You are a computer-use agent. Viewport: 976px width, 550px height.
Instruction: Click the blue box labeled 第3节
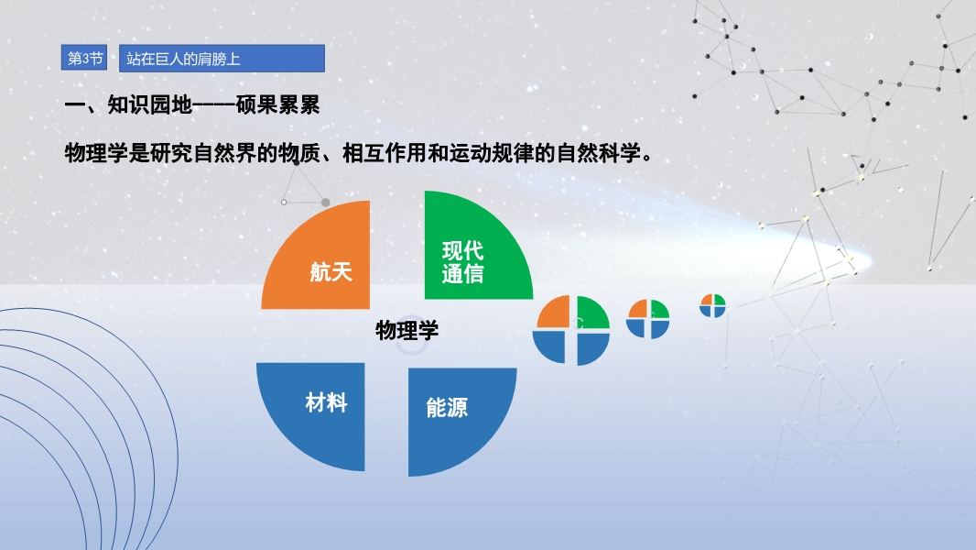(x=84, y=58)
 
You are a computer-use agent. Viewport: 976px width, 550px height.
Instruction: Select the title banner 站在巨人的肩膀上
(x=222, y=59)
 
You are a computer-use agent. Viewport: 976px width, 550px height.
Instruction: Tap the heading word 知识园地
(x=149, y=104)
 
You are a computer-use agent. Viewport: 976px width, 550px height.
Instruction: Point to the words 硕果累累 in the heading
(x=277, y=104)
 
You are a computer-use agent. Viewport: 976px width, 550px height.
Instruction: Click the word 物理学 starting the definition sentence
(x=96, y=152)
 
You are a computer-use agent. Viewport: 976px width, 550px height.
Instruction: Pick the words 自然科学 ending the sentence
(x=598, y=152)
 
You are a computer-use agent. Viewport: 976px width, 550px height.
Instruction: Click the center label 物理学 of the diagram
(x=407, y=330)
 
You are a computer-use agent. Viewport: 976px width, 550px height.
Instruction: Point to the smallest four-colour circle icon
(x=712, y=305)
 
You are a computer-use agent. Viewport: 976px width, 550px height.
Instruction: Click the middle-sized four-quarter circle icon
(x=648, y=319)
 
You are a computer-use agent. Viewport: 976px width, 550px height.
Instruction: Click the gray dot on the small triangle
(x=326, y=203)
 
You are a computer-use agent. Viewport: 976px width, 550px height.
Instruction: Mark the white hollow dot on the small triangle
(x=284, y=202)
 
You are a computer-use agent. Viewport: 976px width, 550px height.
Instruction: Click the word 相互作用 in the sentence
(x=385, y=152)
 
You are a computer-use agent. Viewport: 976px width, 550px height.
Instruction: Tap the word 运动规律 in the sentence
(x=492, y=152)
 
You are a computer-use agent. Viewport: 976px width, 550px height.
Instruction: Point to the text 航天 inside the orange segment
(x=331, y=272)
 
